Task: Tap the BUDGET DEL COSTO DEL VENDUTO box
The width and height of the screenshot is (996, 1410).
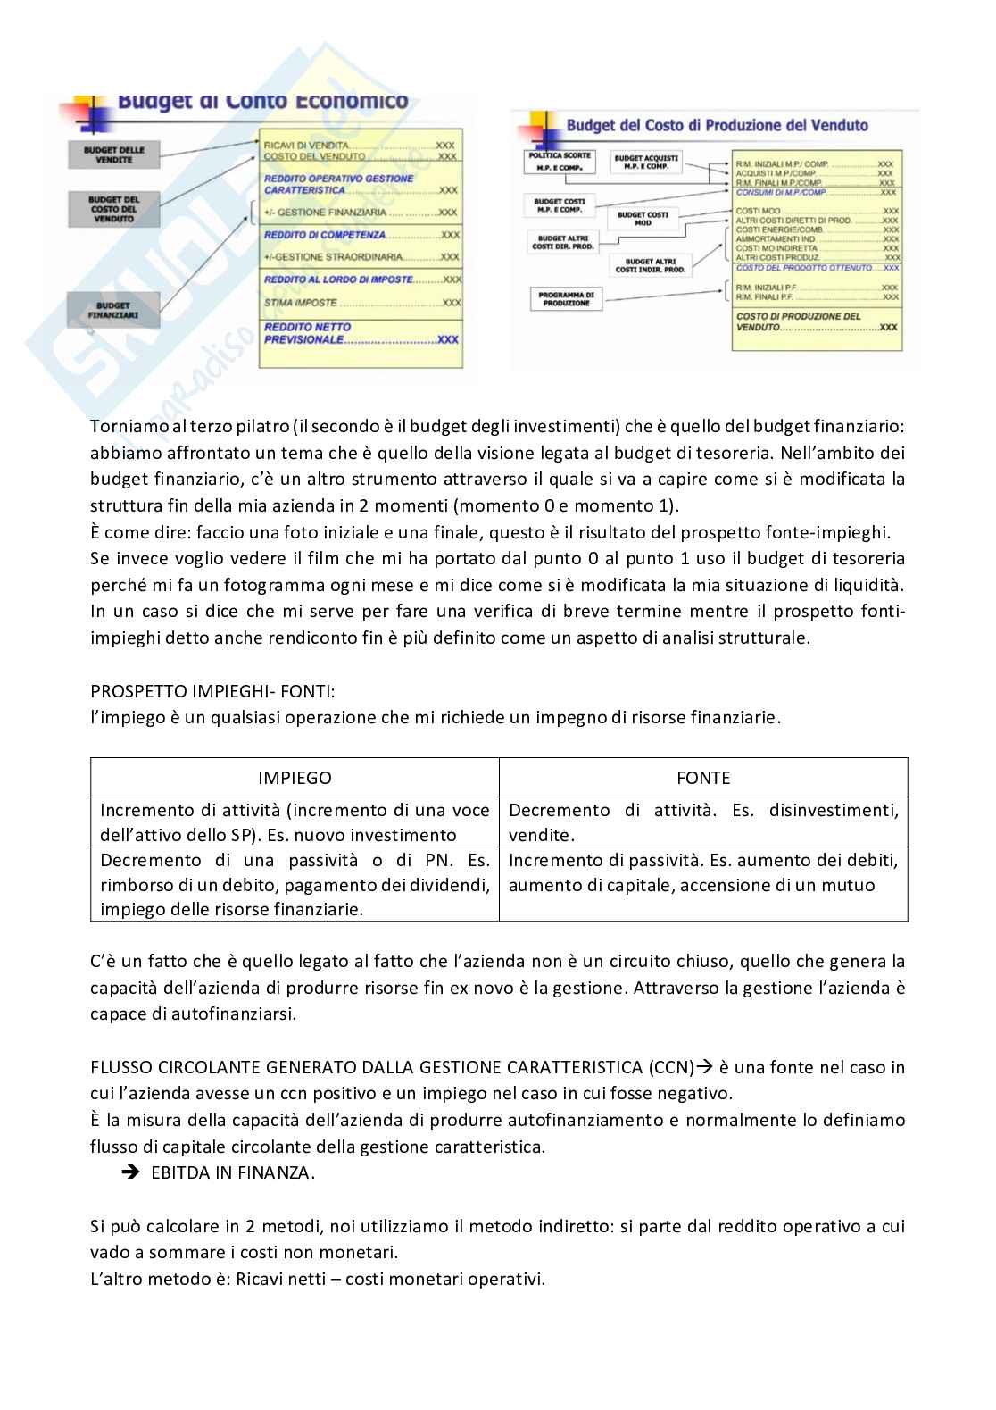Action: pos(112,208)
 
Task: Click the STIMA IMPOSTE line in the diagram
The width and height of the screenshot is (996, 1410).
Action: pos(361,303)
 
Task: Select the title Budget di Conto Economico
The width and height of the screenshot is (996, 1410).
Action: pos(263,102)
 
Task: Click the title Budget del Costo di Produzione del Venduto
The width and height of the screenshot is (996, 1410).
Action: pos(717,126)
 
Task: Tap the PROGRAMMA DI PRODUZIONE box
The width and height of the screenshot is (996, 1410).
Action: pos(566,298)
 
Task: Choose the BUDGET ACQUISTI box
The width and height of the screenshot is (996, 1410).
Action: pos(646,163)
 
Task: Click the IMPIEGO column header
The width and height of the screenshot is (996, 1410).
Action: pos(295,778)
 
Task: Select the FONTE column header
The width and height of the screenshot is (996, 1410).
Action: pos(703,778)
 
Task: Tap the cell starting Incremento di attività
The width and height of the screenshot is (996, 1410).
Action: pos(295,822)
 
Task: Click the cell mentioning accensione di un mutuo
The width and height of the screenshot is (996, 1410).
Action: pos(703,873)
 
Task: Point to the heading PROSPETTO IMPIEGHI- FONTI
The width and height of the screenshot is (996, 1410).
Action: pos(214,691)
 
